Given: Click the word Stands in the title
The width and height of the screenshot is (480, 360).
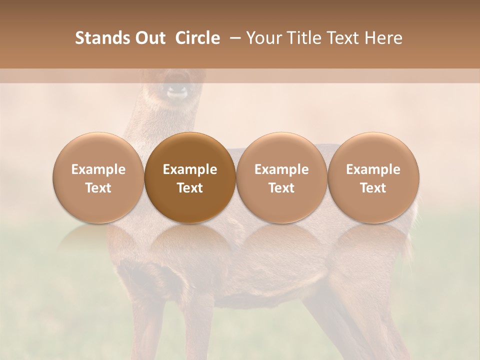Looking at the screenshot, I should [99, 38].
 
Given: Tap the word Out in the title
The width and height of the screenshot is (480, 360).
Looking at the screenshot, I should [148, 38].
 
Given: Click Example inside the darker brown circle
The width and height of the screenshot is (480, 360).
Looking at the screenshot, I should [190, 169].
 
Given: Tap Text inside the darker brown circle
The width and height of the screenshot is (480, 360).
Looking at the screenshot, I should [190, 188].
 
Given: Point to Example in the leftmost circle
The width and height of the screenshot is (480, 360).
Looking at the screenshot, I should [98, 169].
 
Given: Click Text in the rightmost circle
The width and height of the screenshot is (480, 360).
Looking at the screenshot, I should [373, 188].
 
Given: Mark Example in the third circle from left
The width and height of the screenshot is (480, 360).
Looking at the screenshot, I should [281, 169].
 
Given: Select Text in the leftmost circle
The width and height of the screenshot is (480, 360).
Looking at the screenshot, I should [98, 188].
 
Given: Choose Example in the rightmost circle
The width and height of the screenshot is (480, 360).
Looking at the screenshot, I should [373, 169].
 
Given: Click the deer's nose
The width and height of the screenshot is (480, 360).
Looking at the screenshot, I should [176, 91].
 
